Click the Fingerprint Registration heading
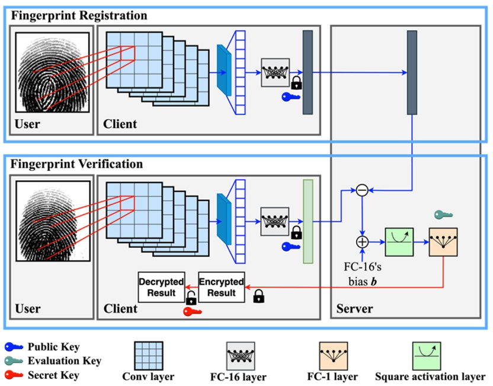click(x=79, y=15)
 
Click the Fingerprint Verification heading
click(x=76, y=164)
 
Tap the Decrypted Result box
click(x=161, y=288)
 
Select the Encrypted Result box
click(x=221, y=288)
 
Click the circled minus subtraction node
click(x=362, y=190)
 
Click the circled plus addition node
click(x=362, y=242)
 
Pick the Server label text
click(x=354, y=308)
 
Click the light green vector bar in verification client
click(x=308, y=221)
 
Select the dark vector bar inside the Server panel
click(x=412, y=72)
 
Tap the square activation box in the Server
click(x=399, y=242)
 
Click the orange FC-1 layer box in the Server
click(x=443, y=242)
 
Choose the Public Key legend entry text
click(x=54, y=347)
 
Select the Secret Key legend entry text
click(x=53, y=374)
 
